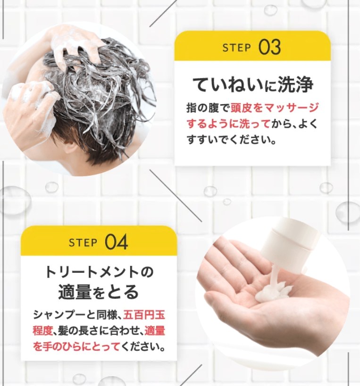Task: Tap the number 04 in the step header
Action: click(116, 242)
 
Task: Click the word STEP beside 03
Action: click(236, 48)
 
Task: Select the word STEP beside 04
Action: click(83, 243)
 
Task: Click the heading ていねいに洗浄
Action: click(252, 84)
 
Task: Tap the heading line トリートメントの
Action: click(99, 272)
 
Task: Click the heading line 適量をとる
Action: click(99, 292)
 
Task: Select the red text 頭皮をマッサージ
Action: click(275, 108)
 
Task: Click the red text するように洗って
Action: click(228, 124)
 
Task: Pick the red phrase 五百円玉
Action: click(144, 315)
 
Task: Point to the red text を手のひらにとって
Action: click(76, 347)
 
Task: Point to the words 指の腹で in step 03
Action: click(208, 108)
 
